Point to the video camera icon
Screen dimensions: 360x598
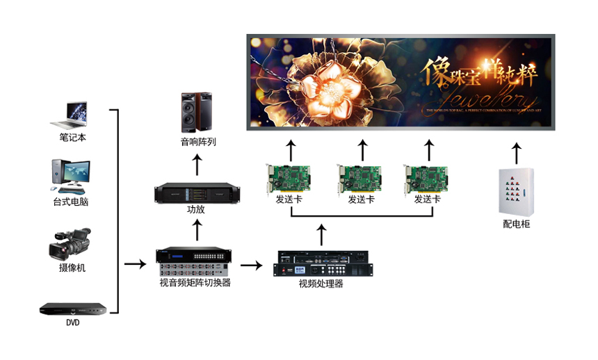[x=71, y=244]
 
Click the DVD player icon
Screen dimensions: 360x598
[x=73, y=309]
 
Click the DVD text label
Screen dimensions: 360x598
[x=72, y=322]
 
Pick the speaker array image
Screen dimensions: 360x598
[x=197, y=113]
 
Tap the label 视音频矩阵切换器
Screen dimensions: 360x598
[x=195, y=283]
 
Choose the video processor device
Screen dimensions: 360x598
[x=321, y=263]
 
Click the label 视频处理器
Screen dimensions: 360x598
[x=321, y=284]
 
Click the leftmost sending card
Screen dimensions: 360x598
[x=291, y=178]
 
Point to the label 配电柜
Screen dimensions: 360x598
[x=516, y=224]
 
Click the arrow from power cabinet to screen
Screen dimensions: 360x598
[x=515, y=152]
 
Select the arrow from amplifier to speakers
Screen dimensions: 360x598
[x=197, y=164]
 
